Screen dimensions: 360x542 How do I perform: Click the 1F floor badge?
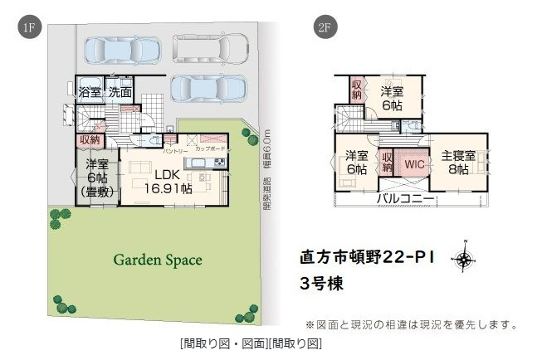pos(28,28)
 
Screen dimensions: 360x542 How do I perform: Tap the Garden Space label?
pos(158,260)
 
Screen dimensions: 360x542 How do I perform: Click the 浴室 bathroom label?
pos(90,92)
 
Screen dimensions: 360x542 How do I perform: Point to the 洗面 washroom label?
pos(120,92)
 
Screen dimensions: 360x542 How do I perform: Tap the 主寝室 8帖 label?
pos(457,162)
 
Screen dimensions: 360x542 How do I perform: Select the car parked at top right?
pos(211,49)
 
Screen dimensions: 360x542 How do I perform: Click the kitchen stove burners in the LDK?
pos(219,161)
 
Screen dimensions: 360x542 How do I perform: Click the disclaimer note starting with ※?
pos(412,324)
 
